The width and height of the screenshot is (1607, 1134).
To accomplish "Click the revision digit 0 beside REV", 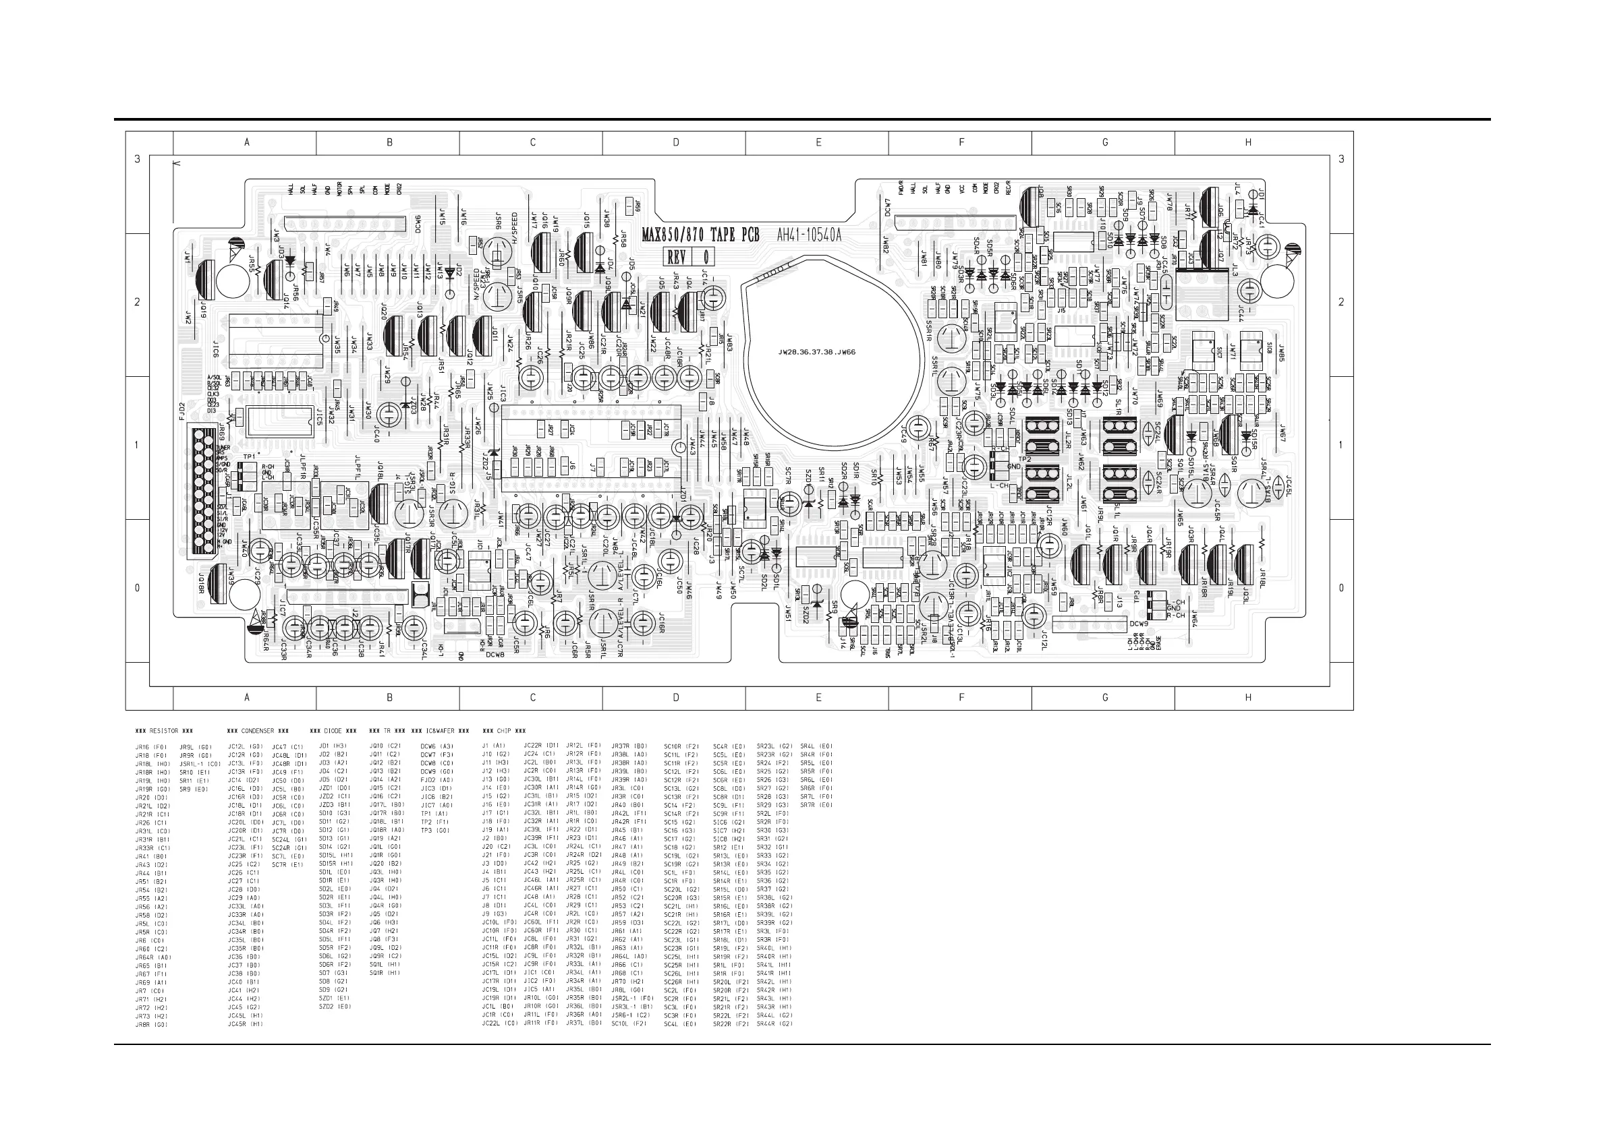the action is tap(706, 258).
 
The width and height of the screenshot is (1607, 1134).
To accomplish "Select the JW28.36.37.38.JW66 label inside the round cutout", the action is tap(817, 352).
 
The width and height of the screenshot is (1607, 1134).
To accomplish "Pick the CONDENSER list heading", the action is tap(258, 731).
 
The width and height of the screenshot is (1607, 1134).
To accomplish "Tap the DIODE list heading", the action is tap(333, 731).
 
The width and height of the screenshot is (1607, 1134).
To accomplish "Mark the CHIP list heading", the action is tap(504, 731).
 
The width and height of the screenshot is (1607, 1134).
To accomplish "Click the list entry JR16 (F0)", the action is tap(151, 747).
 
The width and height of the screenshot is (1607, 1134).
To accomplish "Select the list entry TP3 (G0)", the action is tap(434, 831).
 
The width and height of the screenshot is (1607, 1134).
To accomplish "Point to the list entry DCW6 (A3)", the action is tap(436, 746).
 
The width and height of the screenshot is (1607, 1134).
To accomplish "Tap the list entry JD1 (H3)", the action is tap(333, 746).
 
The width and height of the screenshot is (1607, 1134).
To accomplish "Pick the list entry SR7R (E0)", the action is tap(816, 805).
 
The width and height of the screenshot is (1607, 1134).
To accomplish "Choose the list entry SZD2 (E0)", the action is tap(335, 1007).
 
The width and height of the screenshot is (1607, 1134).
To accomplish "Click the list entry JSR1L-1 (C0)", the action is tap(200, 764).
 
